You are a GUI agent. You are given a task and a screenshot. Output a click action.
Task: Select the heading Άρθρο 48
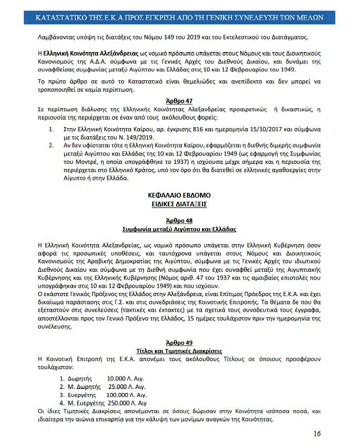pos(180,220)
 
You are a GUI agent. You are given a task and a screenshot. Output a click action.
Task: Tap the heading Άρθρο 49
pos(180,343)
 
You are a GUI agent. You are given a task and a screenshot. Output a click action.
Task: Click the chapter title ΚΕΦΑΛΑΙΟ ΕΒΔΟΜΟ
pos(180,195)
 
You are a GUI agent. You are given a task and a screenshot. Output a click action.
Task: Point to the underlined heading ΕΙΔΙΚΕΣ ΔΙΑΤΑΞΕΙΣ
pos(180,204)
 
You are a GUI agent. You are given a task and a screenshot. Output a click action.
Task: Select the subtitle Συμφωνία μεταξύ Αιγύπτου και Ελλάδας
pos(180,229)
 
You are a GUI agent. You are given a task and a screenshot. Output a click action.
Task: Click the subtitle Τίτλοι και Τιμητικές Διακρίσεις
pos(180,351)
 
